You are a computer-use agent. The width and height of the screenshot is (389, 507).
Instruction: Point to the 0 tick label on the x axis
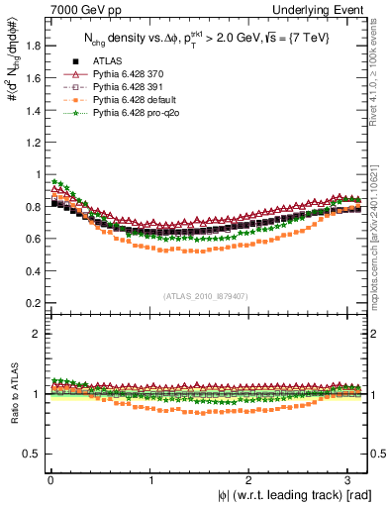pyautogui.click(x=49, y=480)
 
